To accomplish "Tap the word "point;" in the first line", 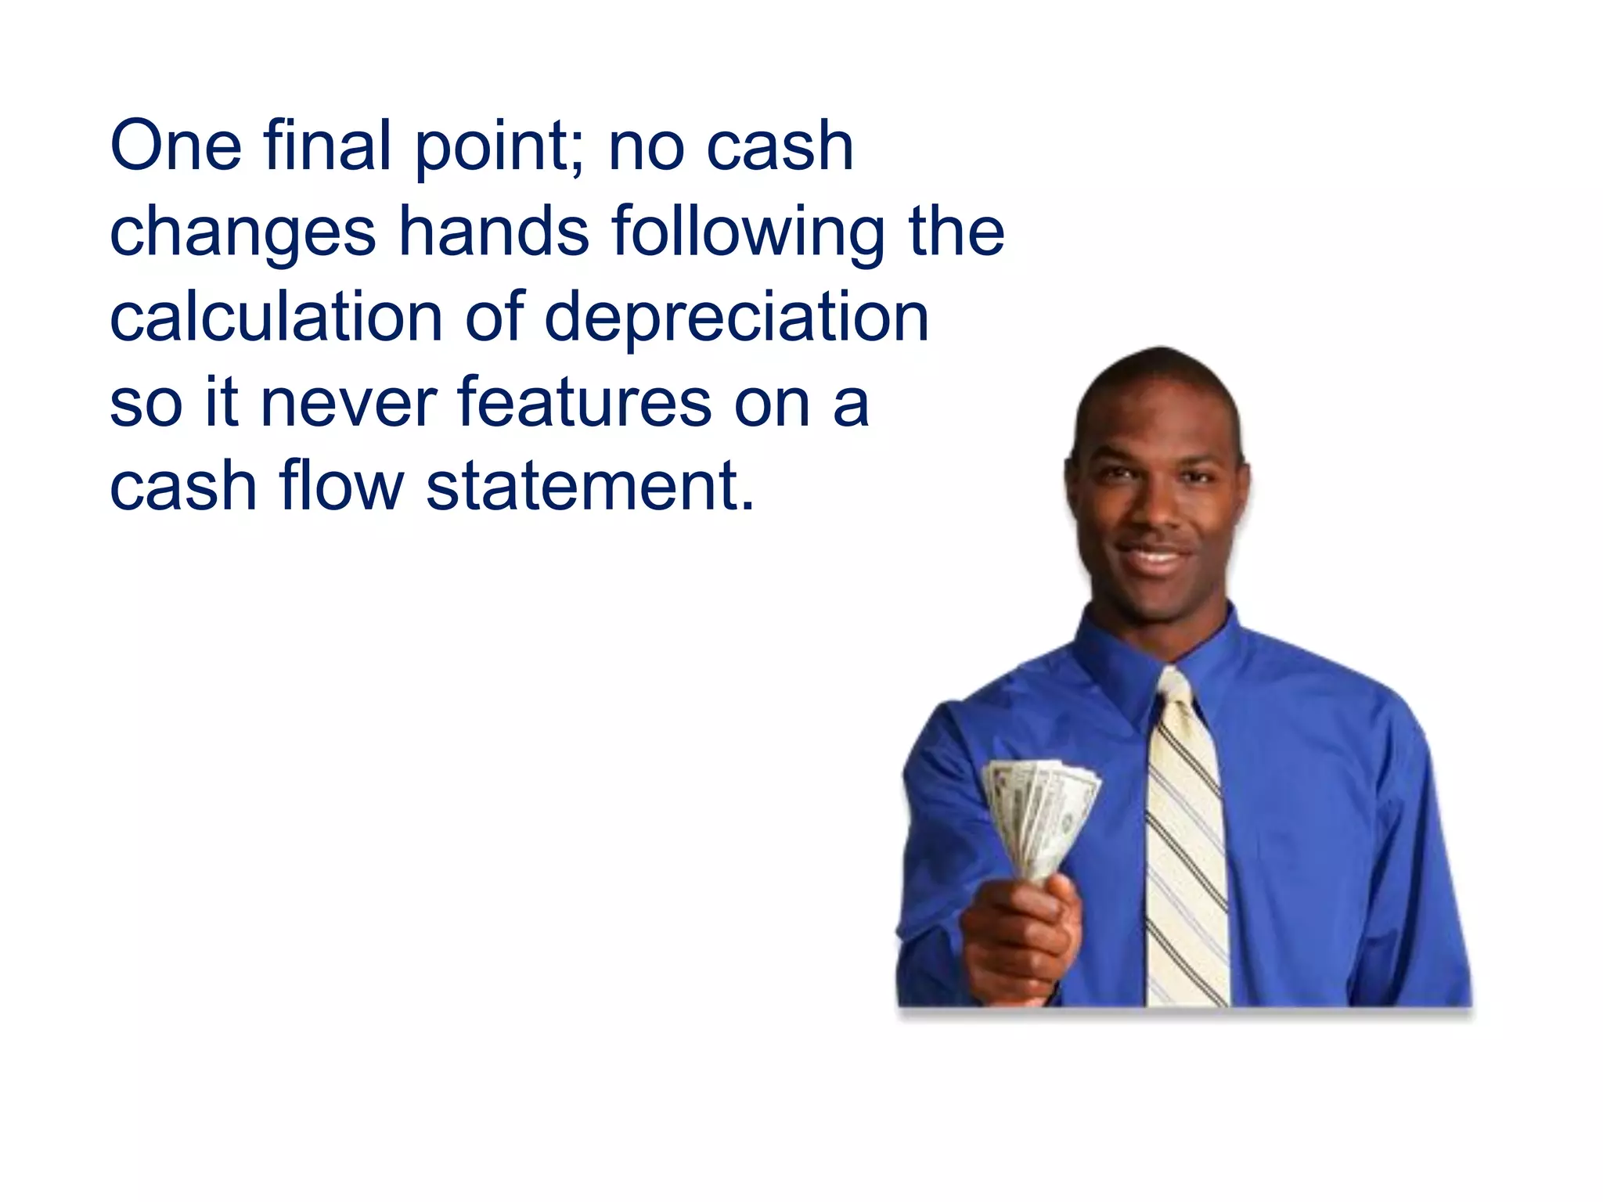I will click(x=500, y=149).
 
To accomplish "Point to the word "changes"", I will click(x=243, y=232).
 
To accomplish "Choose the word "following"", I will click(x=748, y=232).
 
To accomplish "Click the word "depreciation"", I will click(x=737, y=318).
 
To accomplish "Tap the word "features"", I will click(x=584, y=402).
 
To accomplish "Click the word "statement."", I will click(x=590, y=487).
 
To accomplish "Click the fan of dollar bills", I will click(x=1039, y=814).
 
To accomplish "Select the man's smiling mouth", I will click(x=1155, y=558).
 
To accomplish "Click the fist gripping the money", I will click(x=1022, y=939).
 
